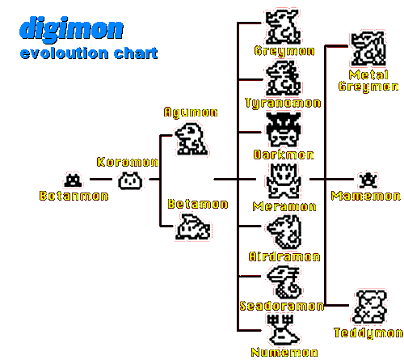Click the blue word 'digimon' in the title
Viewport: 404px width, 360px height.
[x=71, y=28]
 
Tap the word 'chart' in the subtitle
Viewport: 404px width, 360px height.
[x=136, y=53]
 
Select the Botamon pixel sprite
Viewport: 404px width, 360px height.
[x=73, y=180]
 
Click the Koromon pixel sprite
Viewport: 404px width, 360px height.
[x=130, y=181]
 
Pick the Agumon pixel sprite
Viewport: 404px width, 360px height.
[x=191, y=139]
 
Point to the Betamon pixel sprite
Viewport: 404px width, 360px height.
[x=193, y=227]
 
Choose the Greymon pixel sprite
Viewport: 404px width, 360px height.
[x=283, y=27]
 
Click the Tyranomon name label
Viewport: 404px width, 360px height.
[x=283, y=103]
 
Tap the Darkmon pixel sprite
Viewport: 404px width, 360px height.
[x=283, y=129]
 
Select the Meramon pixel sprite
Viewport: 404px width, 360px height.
[x=283, y=181]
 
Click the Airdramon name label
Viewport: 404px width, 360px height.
[x=284, y=256]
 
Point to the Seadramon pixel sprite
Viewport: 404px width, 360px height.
[x=284, y=282]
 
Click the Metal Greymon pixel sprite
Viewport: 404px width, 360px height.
[x=368, y=49]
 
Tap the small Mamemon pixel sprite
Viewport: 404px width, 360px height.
[x=368, y=180]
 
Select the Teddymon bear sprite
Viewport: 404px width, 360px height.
[x=369, y=307]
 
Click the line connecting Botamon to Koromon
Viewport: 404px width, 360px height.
[x=101, y=179]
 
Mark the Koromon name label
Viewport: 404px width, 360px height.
[x=128, y=162]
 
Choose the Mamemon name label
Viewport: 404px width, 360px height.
[x=366, y=196]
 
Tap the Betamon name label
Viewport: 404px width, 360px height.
[x=198, y=204]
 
